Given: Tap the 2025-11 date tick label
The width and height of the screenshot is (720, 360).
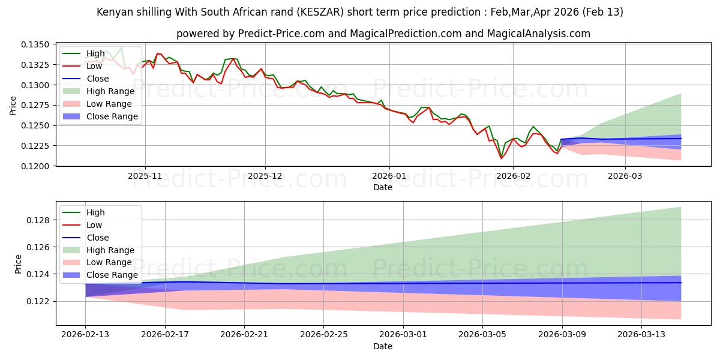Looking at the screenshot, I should [145, 177].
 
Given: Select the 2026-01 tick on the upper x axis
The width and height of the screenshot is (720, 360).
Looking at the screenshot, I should [389, 177].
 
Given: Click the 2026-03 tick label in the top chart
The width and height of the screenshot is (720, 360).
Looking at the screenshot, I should [625, 177].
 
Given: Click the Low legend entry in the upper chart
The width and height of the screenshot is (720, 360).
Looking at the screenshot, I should [95, 66].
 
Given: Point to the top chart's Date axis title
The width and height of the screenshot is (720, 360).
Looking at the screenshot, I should [383, 187].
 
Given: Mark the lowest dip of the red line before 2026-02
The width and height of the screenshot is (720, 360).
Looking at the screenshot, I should [501, 158].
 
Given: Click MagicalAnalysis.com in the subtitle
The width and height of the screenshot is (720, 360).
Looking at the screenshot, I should [543, 34].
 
